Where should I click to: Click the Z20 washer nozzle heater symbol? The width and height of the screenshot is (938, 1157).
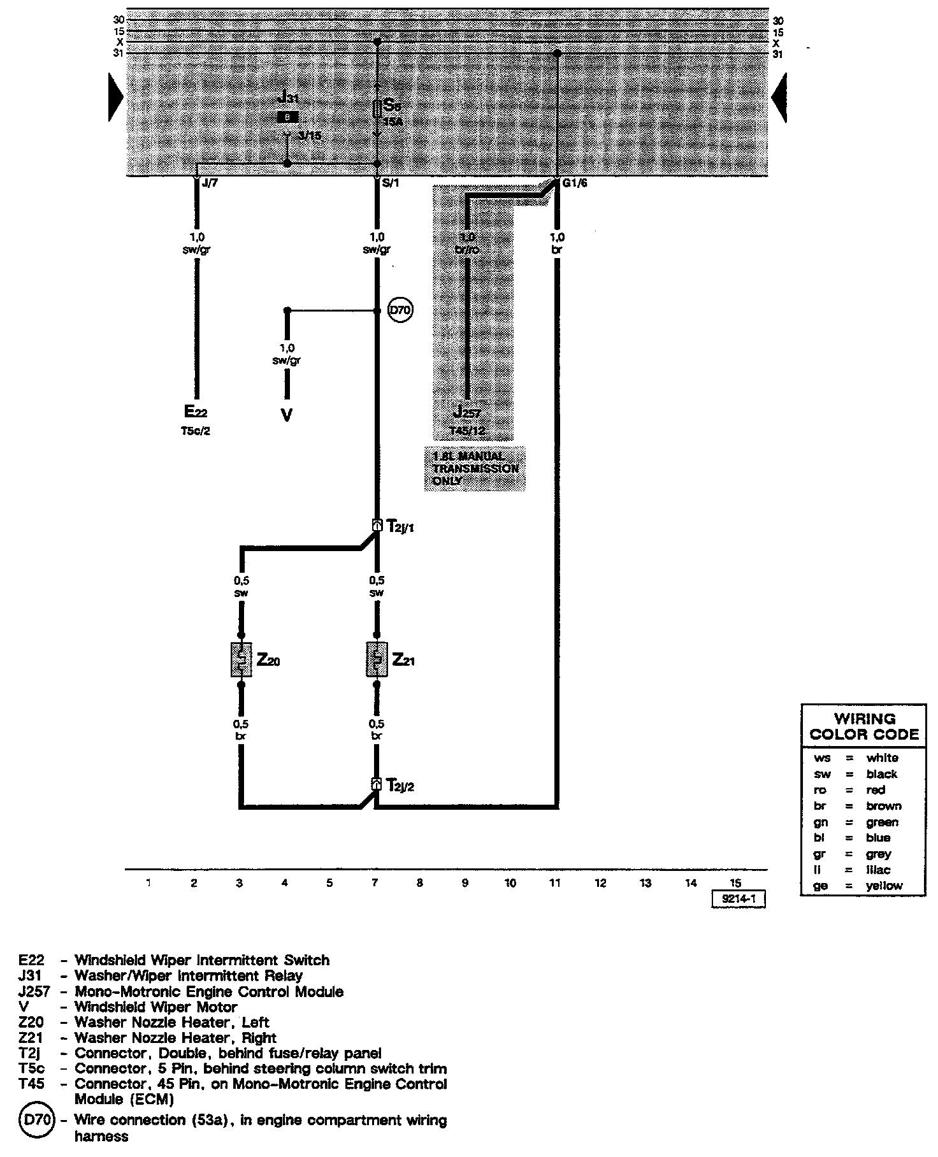(x=241, y=659)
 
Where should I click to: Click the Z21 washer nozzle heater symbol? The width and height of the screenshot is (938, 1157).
(x=377, y=659)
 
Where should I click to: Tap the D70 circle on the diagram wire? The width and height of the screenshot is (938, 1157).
(x=401, y=311)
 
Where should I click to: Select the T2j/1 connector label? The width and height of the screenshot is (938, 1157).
(x=401, y=528)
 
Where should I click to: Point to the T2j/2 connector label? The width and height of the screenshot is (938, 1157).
(x=401, y=786)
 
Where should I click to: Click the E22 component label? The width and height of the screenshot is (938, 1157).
(x=196, y=412)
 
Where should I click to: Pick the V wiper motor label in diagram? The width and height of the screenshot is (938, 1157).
(x=287, y=415)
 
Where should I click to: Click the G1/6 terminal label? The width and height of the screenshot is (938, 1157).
(x=574, y=183)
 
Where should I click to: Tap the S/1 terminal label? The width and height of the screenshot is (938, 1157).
(x=389, y=183)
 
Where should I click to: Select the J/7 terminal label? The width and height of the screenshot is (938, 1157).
(x=209, y=183)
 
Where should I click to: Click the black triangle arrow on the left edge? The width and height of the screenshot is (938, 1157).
(x=115, y=97)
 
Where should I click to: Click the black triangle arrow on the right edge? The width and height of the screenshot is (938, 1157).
(x=779, y=97)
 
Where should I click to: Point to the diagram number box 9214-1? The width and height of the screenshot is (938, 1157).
(x=738, y=899)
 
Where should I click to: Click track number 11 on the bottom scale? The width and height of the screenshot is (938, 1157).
(x=555, y=883)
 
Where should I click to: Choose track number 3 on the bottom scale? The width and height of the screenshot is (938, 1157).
(x=239, y=883)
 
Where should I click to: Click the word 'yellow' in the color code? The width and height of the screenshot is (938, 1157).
(x=884, y=886)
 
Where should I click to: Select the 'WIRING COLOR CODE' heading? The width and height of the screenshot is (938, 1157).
(x=864, y=726)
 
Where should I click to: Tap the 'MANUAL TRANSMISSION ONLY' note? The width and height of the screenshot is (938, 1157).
(x=475, y=468)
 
